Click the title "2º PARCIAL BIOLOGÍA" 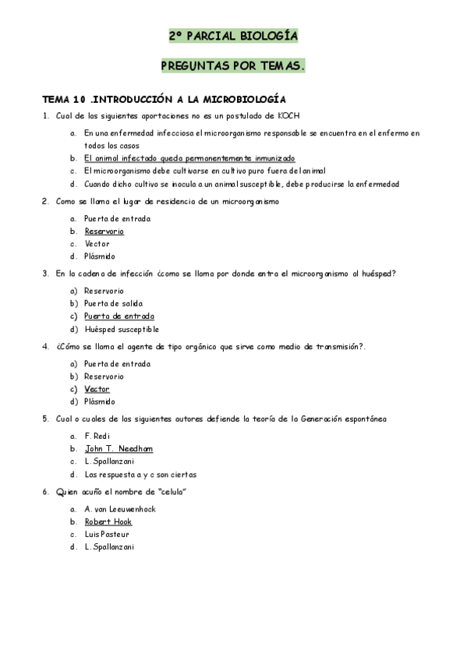[233, 36]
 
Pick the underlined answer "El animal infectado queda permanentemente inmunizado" [189, 158]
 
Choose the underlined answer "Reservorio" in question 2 [104, 232]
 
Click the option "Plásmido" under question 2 [100, 256]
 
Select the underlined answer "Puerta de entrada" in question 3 [119, 316]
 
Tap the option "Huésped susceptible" [121, 329]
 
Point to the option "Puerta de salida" [114, 303]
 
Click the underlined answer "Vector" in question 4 [97, 389]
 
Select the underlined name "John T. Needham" [119, 449]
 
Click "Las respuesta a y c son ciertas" [140, 474]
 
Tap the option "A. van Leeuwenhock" [120, 509]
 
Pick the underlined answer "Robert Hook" [108, 521]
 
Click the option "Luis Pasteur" [107, 535]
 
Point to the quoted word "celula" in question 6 [173, 492]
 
